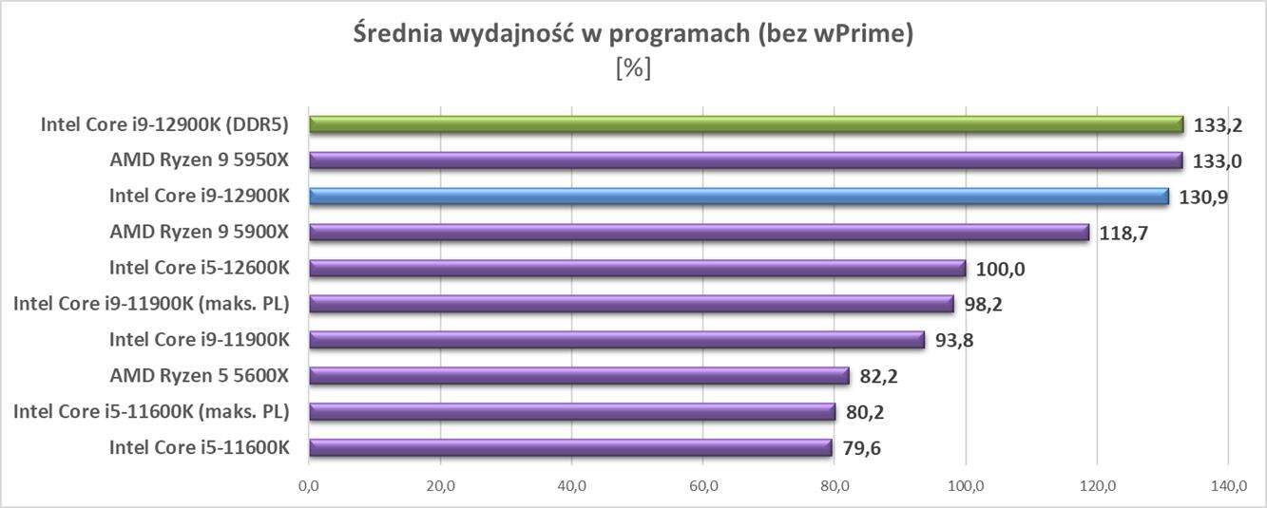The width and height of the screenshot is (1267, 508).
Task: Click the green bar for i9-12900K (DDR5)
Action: (746, 124)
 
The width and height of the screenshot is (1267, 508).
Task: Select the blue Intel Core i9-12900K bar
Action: (739, 197)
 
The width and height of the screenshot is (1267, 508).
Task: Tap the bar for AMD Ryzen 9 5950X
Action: (745, 160)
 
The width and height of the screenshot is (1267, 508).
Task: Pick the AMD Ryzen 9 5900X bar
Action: (699, 233)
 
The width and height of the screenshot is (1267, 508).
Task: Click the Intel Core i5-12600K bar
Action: (637, 269)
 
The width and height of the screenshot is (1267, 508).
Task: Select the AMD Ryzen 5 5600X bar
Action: (579, 376)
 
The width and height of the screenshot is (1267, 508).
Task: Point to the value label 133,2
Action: (1218, 125)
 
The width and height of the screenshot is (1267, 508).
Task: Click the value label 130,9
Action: (1203, 198)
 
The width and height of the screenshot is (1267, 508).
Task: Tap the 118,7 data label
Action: (1123, 234)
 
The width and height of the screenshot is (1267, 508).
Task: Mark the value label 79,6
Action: (860, 448)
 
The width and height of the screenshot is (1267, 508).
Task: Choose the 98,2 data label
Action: (983, 305)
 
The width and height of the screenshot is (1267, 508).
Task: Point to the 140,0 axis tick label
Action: (1228, 486)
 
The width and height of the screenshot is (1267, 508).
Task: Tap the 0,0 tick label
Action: (308, 486)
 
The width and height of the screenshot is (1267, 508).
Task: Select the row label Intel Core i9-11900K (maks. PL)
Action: (151, 304)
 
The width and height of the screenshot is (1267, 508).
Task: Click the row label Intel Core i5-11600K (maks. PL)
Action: (151, 411)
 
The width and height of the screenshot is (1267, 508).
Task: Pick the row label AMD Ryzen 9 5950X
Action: (199, 160)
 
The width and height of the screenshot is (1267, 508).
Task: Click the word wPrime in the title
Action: (861, 35)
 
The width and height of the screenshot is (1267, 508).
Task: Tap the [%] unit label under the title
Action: (633, 68)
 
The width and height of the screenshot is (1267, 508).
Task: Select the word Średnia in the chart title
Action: (393, 35)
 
